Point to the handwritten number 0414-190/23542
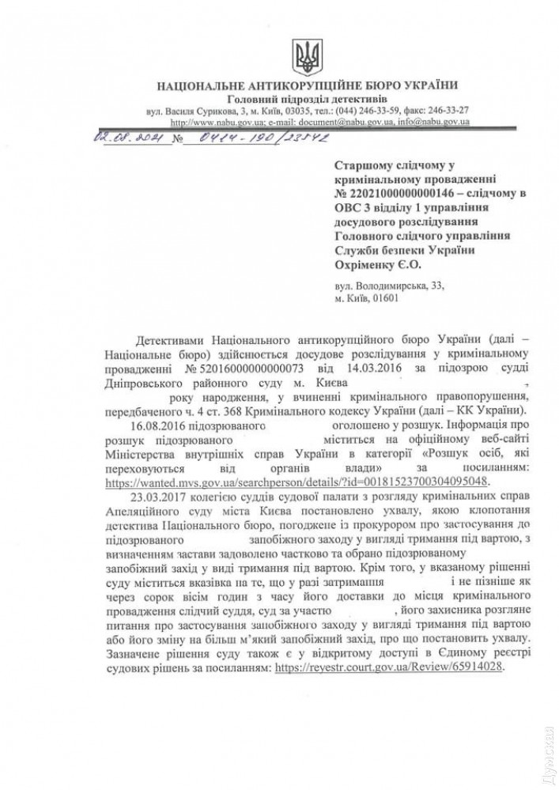pos(250,137)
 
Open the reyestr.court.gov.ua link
pos(387,667)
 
